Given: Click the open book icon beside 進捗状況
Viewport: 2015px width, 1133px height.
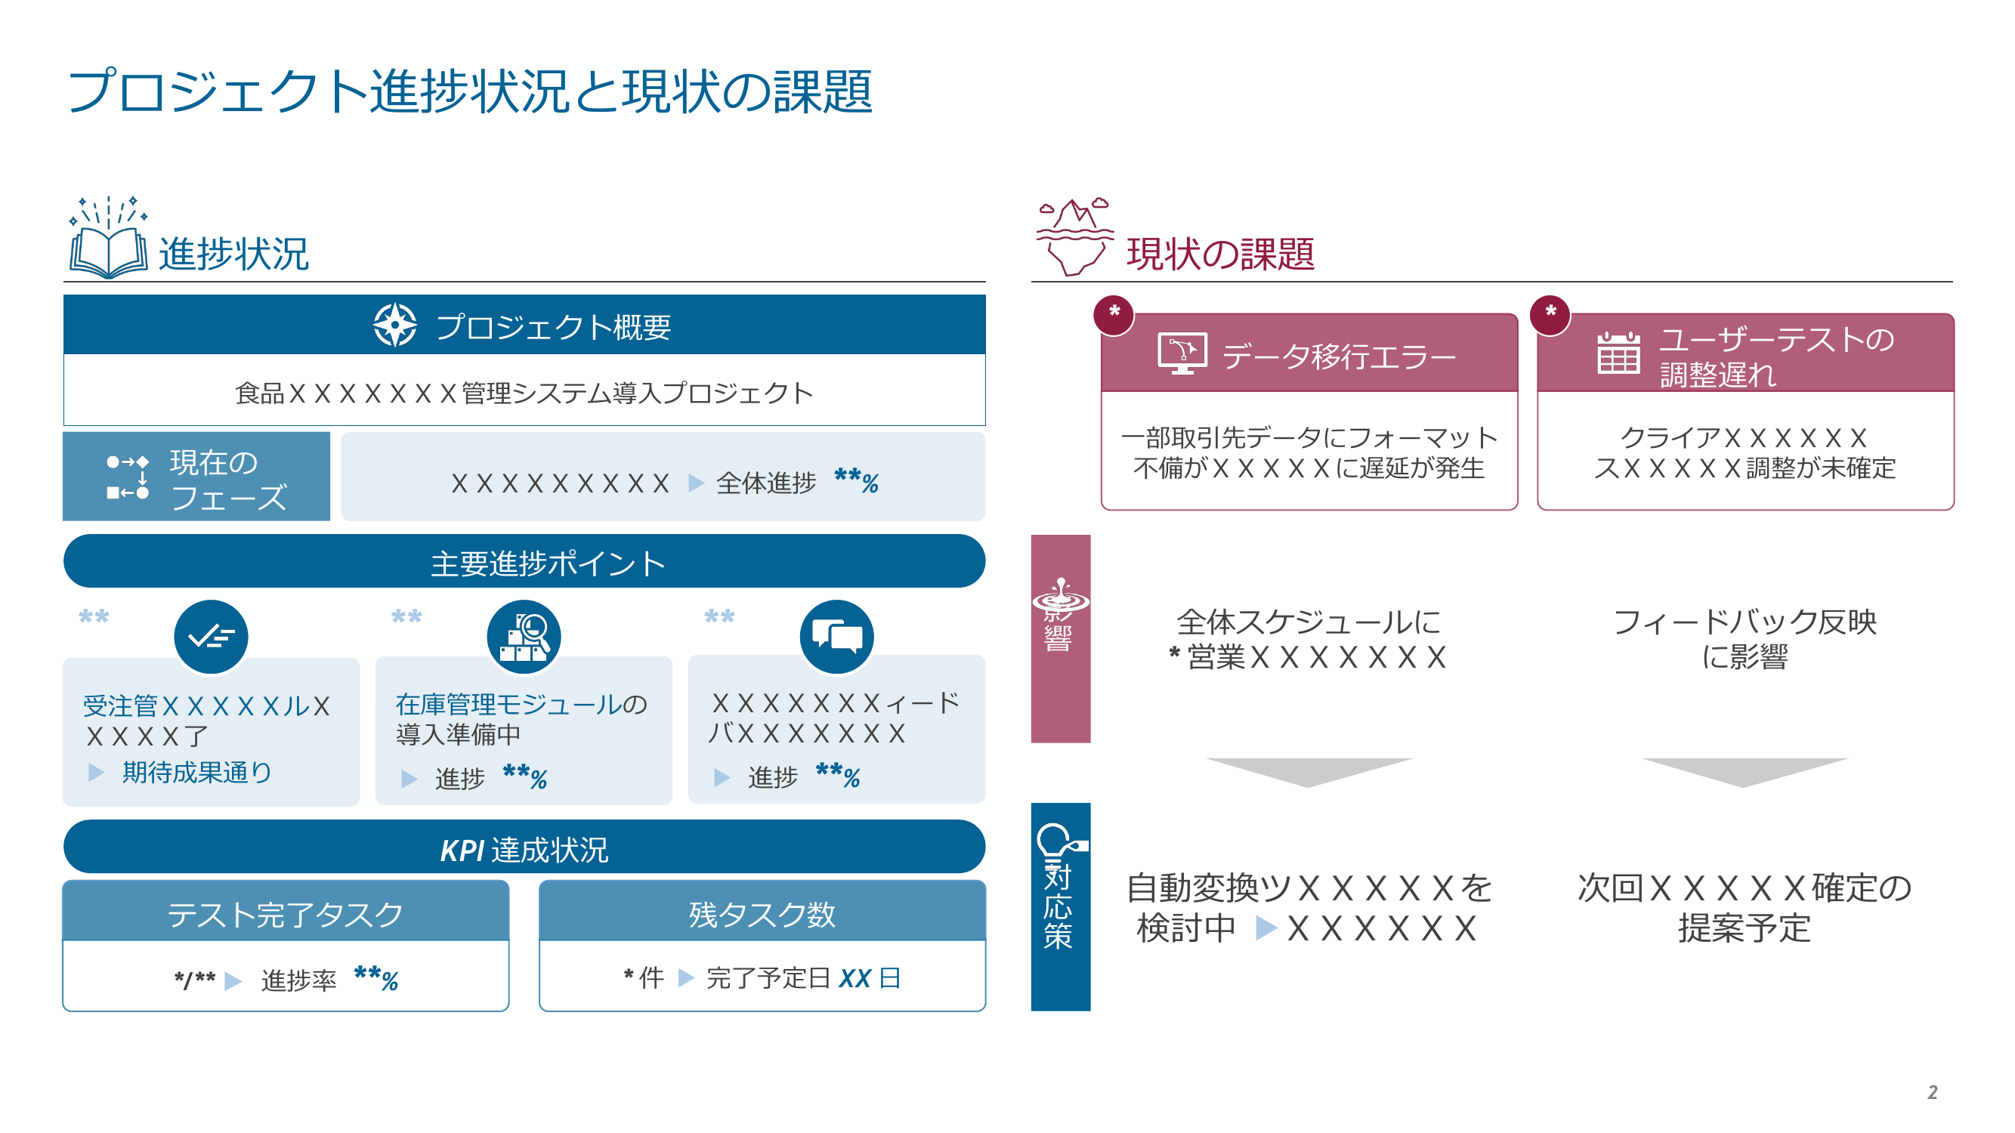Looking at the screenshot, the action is [x=109, y=239].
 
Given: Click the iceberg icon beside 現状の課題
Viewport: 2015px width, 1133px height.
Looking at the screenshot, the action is [x=1075, y=236].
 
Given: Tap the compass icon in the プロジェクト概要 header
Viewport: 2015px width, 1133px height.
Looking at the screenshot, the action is [x=395, y=325].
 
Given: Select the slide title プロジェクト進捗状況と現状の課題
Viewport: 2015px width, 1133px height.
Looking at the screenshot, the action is [x=470, y=91].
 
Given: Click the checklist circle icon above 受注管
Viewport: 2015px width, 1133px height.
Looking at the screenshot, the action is [x=212, y=637].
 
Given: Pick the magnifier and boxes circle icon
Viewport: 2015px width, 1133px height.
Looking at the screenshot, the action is [x=524, y=637].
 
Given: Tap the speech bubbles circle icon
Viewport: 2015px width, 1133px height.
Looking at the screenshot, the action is [x=837, y=637].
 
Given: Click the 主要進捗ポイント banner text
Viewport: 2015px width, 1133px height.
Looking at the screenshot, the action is [x=548, y=563].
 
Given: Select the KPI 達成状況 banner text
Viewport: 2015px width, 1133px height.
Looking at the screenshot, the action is [x=524, y=850].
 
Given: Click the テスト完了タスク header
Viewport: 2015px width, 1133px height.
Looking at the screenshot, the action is [x=286, y=913].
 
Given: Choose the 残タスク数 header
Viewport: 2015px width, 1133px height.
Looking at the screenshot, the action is [x=762, y=913].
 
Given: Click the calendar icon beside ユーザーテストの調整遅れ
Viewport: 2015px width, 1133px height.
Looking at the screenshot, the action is [x=1618, y=353].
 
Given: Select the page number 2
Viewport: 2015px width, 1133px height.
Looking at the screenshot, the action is [x=1932, y=1092].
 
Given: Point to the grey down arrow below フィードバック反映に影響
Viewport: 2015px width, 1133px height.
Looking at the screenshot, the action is [x=1745, y=772].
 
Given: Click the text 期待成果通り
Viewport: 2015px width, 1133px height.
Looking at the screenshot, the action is [x=197, y=773].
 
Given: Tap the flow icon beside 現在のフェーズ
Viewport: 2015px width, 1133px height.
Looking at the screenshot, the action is [x=128, y=477].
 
